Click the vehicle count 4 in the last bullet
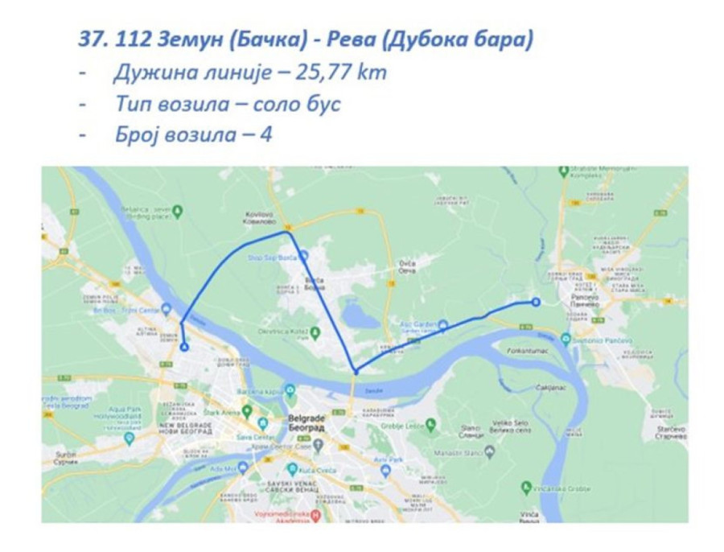click(266, 134)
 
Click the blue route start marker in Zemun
click(185, 348)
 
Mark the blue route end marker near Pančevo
click(536, 303)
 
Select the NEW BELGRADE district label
click(187, 427)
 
